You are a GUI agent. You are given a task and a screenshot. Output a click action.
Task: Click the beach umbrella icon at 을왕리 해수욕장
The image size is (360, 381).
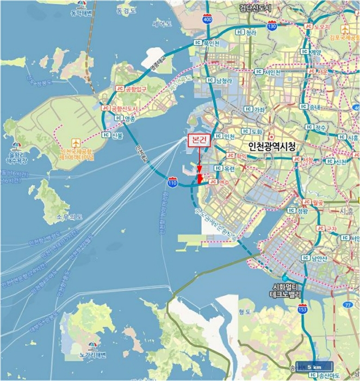(x=16, y=145)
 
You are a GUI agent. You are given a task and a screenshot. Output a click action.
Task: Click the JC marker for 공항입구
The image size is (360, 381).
(x=120, y=88)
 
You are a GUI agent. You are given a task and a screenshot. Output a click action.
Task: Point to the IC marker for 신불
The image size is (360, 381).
(x=106, y=134)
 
